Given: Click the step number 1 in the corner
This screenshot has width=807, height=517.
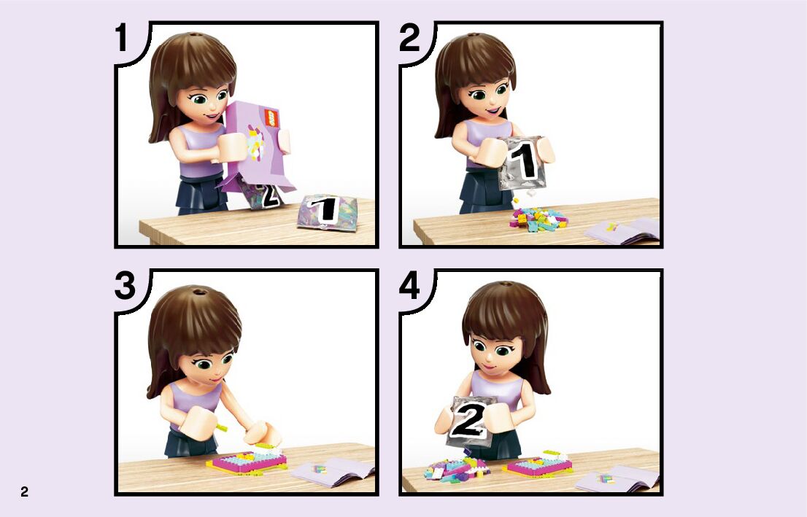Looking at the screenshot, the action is point(121,37).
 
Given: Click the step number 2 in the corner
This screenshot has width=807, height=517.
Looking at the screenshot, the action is point(409,37).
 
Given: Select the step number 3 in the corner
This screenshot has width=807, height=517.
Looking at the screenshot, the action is point(125,286).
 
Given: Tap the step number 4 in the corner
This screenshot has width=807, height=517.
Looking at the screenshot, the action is point(409,286).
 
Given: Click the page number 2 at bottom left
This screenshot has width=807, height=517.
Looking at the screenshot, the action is point(25,491).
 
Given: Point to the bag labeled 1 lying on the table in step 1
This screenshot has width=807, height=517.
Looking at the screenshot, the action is point(328,211).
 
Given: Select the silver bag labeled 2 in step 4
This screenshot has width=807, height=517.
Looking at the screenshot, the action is point(469,421).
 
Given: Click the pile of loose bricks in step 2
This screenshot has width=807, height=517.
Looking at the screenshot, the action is point(538,219).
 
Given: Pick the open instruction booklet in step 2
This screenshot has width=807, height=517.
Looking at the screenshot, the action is point(622,230).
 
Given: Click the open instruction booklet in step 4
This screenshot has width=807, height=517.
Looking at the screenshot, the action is point(617,478).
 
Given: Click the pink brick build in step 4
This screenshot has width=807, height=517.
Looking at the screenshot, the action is point(538,464).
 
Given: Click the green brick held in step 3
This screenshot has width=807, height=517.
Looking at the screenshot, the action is point(222,427).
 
